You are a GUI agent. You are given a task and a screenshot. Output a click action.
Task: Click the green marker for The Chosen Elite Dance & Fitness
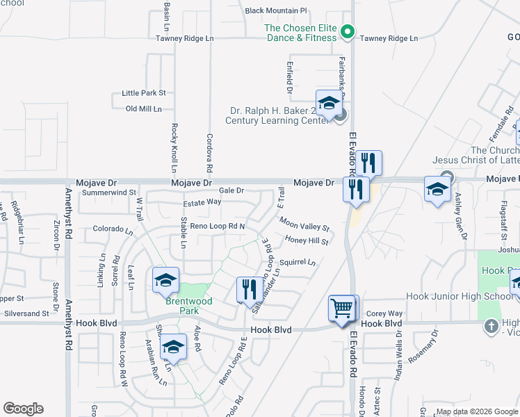(350, 31)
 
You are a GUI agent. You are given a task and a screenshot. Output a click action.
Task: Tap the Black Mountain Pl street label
(276, 10)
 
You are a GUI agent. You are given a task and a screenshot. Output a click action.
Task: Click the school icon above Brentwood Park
(166, 280)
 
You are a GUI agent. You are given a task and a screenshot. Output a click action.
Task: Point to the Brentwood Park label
(188, 306)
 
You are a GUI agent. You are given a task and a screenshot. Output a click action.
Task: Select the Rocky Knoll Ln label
(174, 148)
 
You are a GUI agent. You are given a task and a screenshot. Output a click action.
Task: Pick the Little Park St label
(144, 92)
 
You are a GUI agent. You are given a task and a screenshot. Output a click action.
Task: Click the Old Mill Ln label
(144, 109)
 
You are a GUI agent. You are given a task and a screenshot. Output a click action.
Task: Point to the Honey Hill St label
(307, 240)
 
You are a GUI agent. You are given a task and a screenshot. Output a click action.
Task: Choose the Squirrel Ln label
(298, 263)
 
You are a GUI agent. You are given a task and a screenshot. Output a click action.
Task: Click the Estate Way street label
(202, 202)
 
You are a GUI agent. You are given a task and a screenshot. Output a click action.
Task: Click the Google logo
(23, 409)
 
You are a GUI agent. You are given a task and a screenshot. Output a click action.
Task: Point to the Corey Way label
(384, 313)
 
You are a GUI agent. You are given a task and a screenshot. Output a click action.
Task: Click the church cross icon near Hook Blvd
(491, 325)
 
